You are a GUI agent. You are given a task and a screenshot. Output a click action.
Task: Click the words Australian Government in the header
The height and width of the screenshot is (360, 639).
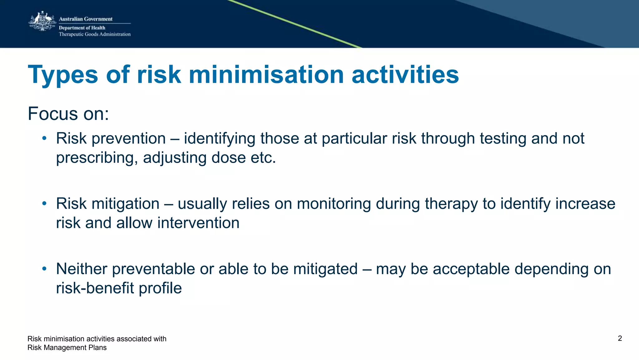(x=85, y=19)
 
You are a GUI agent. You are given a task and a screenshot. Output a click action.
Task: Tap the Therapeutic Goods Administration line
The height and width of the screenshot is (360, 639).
(x=95, y=34)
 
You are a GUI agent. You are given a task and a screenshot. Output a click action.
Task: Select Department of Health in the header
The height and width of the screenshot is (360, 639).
(x=82, y=28)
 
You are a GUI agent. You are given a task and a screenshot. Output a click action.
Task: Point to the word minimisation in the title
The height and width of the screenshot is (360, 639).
(x=266, y=75)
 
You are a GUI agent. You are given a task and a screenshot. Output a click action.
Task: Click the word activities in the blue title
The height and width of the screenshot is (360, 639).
(x=405, y=75)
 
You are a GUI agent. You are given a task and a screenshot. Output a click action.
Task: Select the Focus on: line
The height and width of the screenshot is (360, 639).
(x=68, y=114)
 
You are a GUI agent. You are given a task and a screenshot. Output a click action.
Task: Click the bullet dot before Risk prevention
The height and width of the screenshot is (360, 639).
(x=45, y=138)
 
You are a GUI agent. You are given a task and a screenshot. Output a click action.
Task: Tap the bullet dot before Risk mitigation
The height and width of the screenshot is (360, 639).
(x=45, y=204)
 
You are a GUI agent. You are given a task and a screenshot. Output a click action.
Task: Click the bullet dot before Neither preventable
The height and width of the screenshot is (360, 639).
(x=45, y=269)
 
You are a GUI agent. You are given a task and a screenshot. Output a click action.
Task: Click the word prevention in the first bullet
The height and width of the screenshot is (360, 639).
(x=129, y=139)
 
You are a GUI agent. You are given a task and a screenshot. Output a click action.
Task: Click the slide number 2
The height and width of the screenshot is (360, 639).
(x=620, y=338)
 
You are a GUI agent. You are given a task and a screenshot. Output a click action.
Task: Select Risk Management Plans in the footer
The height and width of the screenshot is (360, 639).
(x=67, y=348)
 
